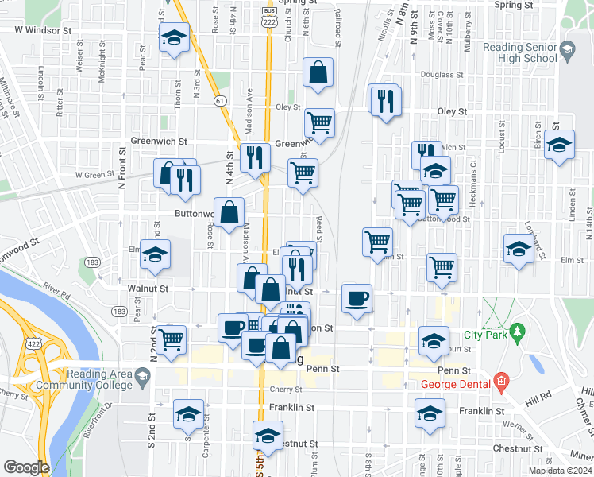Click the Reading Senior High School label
pos(520,52)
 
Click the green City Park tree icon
pos(518,329)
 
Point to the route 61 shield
pos(220,100)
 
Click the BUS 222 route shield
pos(270,21)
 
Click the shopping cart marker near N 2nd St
pos(172,339)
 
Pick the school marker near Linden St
pos(560,145)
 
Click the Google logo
pos(26,467)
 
